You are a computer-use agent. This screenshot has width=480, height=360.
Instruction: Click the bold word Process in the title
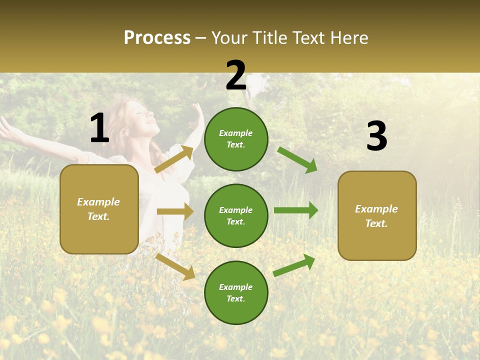[157, 38]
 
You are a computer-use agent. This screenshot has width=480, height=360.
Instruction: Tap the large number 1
[99, 128]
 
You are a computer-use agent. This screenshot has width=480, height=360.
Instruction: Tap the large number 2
[236, 75]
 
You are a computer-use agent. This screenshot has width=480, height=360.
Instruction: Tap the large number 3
[376, 136]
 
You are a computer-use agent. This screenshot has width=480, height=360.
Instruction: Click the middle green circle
[236, 215]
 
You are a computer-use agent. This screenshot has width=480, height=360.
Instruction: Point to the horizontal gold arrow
[175, 211]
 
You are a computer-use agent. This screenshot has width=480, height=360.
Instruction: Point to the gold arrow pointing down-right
[175, 266]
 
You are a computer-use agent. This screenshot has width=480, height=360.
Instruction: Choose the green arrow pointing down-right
[297, 159]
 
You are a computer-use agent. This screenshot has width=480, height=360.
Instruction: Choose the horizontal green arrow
[295, 210]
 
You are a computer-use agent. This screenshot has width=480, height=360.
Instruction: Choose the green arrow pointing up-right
[294, 265]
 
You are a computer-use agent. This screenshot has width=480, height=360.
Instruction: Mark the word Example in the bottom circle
[236, 287]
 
